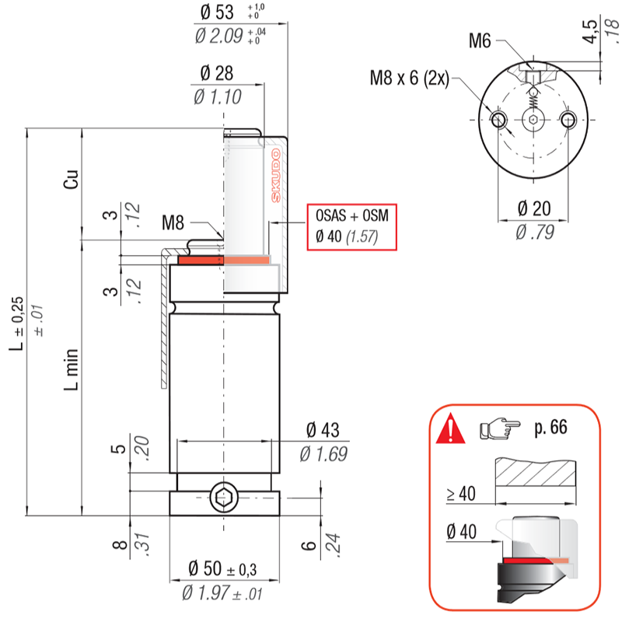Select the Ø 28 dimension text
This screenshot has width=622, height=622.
pos(217,73)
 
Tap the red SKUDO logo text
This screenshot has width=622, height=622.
pos(276,176)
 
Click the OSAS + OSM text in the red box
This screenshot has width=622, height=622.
pos(352,215)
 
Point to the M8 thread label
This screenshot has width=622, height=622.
pos(173,222)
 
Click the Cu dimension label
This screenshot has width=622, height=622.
pos(72,180)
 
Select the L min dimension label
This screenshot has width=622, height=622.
pos(72,370)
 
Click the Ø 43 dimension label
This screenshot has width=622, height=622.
pos(323,430)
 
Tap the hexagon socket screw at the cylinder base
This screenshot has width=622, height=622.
pos(224,498)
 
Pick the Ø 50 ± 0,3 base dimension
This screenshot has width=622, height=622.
pos(222,569)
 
